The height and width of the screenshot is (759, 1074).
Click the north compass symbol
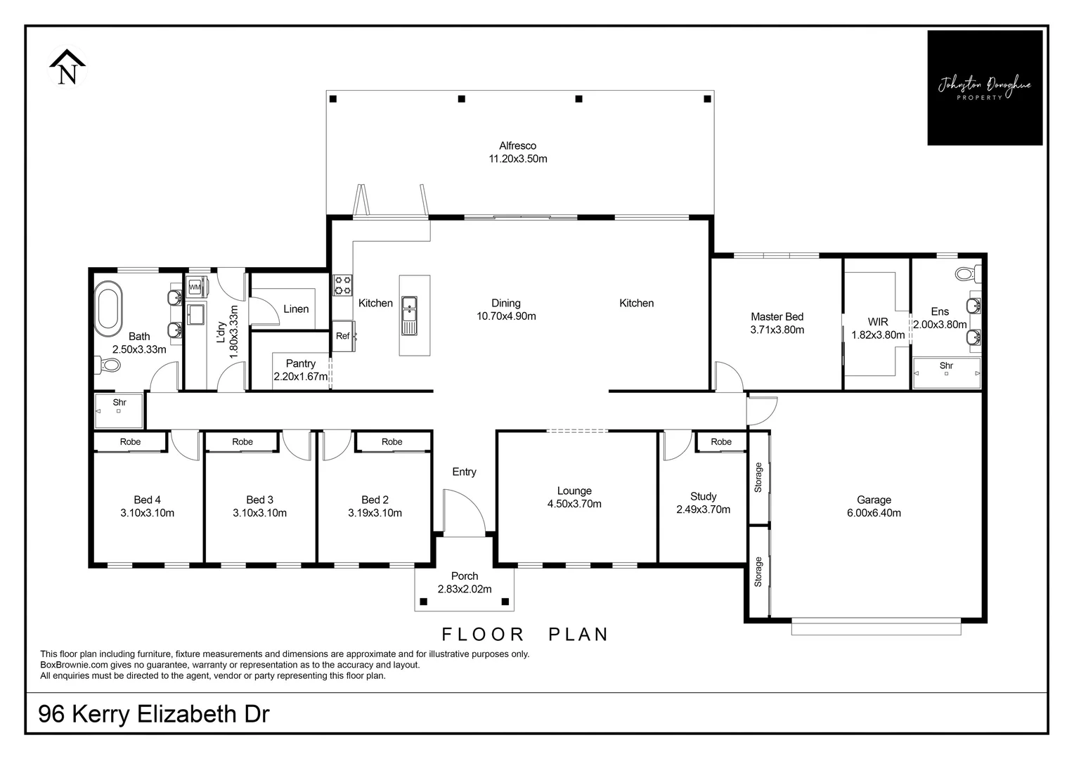tap(67, 67)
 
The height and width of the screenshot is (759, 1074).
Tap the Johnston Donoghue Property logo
tap(984, 88)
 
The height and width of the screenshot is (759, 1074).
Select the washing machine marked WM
tap(195, 287)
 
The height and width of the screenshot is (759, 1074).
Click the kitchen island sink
tap(409, 316)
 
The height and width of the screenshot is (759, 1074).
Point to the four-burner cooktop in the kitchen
tap(342, 285)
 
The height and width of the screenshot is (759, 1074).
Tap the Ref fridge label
tap(342, 336)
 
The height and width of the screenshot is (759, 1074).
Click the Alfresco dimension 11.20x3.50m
tap(518, 159)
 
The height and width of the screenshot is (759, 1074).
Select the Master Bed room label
tap(777, 317)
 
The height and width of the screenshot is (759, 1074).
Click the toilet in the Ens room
tap(968, 272)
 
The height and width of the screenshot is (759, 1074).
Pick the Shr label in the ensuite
tap(946, 365)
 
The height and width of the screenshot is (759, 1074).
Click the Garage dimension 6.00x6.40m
tap(874, 513)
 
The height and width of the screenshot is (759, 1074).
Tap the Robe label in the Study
tap(721, 442)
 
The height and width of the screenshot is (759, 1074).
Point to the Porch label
tap(465, 576)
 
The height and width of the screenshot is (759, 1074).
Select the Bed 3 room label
tap(259, 500)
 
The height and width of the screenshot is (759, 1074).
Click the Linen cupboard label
tap(296, 309)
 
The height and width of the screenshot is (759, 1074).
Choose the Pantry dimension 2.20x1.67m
tap(301, 377)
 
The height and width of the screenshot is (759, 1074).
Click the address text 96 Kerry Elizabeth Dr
tap(154, 714)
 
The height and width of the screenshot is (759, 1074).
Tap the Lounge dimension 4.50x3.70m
tap(574, 504)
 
